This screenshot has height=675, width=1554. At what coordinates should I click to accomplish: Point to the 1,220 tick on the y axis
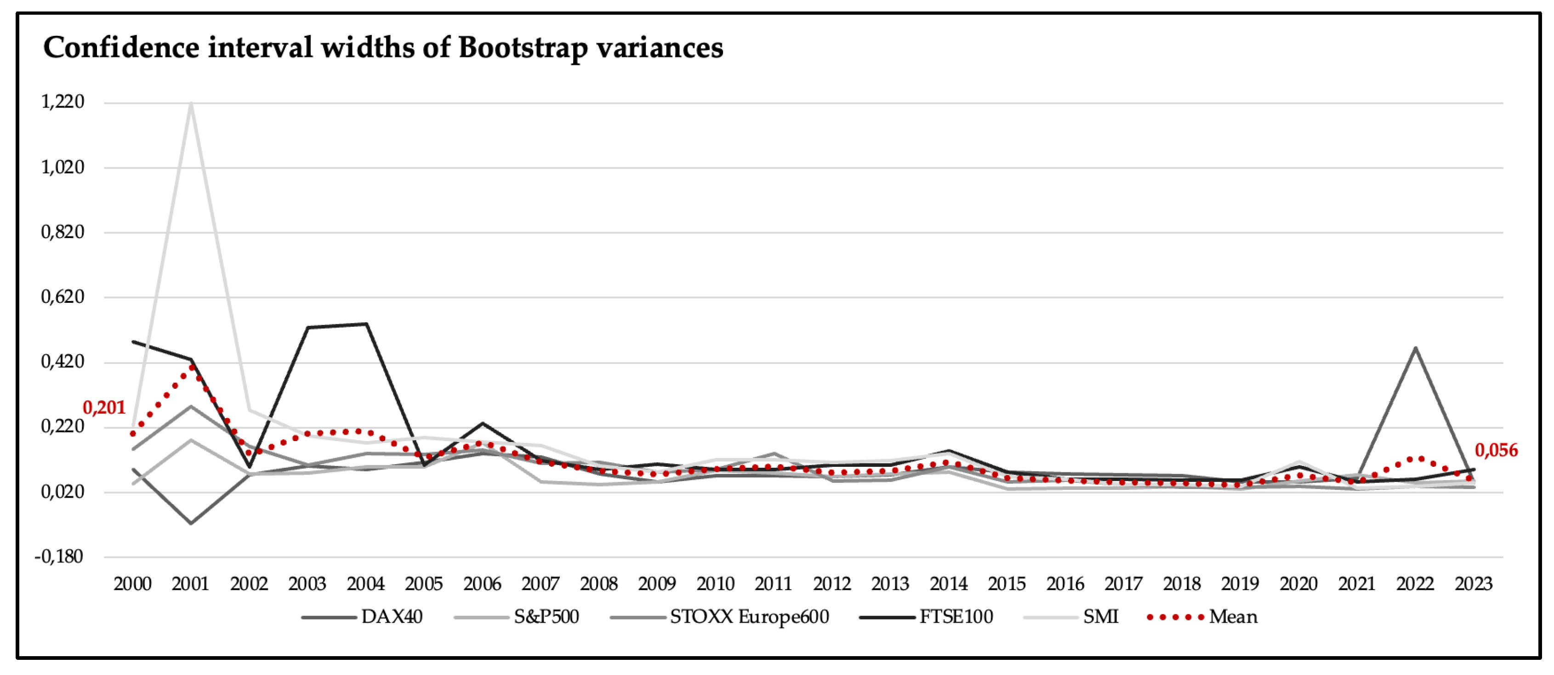63,102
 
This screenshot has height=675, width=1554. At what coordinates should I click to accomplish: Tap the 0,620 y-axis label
63,297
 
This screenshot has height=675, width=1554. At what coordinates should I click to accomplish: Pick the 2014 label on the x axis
948,584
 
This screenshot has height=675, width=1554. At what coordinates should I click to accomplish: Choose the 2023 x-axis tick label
1473,584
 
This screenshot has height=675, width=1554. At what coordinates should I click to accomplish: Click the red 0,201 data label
104,408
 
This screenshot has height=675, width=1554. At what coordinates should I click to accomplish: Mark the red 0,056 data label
1496,450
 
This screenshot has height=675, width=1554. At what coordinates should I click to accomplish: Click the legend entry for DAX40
362,617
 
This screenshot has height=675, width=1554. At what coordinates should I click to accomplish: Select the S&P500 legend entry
517,617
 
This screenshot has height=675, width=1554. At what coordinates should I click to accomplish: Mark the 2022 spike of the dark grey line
1415,348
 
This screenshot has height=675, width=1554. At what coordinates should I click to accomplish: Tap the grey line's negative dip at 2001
191,523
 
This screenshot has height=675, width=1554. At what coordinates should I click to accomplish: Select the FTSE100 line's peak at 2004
365,324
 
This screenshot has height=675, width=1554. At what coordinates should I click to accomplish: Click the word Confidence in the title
121,48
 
